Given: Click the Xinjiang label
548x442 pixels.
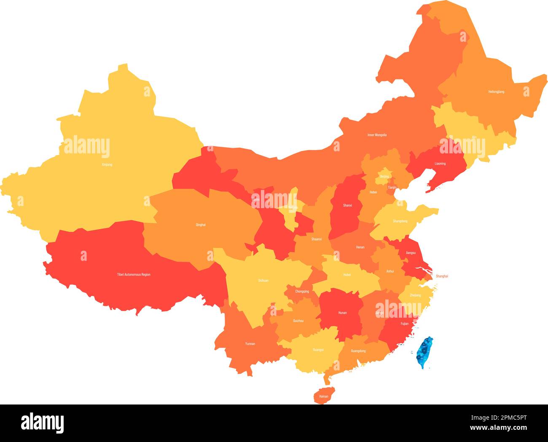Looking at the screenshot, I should pos(107,164).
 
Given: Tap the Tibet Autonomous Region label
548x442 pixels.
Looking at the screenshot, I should pos(134,275).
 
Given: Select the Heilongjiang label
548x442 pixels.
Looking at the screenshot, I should pos(496,91).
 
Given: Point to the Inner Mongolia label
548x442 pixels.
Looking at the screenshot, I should pos(377,135).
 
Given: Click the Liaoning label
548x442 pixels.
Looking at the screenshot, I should pos(440,163).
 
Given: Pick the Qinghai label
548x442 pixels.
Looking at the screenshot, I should pos(201,225).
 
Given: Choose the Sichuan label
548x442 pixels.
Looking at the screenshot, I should pos(263,280).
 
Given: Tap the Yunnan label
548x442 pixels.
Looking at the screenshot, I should pos(250,344).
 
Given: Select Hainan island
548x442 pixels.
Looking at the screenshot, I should pos(324,396).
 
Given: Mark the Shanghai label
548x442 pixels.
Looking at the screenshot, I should pos(442,276).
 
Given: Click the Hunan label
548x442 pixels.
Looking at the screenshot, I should pos(342,313).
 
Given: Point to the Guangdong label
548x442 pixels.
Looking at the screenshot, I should pos(358,351).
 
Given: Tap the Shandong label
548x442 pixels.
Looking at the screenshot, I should pos(400,221).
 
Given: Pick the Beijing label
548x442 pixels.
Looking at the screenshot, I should pos(384,177).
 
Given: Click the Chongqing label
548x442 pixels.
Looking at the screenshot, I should pos(302,291).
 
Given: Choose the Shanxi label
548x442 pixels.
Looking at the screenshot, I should pos(347,206).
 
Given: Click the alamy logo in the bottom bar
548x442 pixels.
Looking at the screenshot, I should pos(42,423).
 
